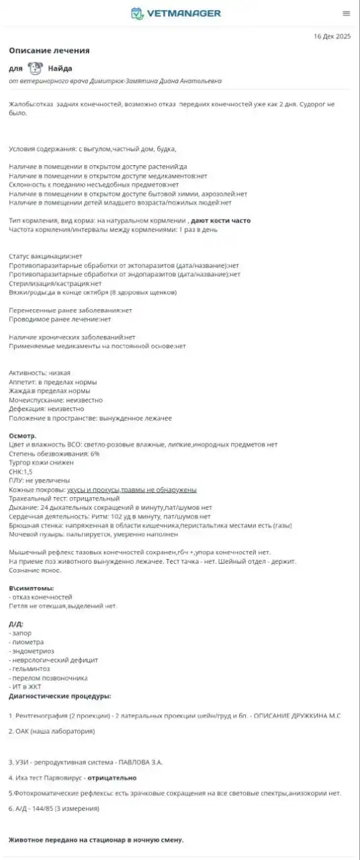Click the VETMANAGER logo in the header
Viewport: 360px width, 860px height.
click(x=175, y=13)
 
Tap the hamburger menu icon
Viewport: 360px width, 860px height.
click(x=346, y=13)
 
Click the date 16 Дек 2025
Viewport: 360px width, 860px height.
click(x=332, y=36)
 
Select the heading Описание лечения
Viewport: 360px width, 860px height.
click(x=49, y=50)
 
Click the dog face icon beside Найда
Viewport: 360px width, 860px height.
click(x=36, y=68)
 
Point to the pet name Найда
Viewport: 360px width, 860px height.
click(x=60, y=69)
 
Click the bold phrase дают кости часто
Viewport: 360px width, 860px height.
click(x=221, y=220)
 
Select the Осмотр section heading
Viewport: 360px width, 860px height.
click(x=23, y=435)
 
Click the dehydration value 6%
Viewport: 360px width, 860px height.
click(x=95, y=454)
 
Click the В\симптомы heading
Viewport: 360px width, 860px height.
click(x=32, y=588)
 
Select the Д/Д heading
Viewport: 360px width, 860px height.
click(x=16, y=624)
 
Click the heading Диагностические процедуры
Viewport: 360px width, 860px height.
click(x=60, y=696)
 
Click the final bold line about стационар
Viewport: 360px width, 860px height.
click(x=95, y=840)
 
